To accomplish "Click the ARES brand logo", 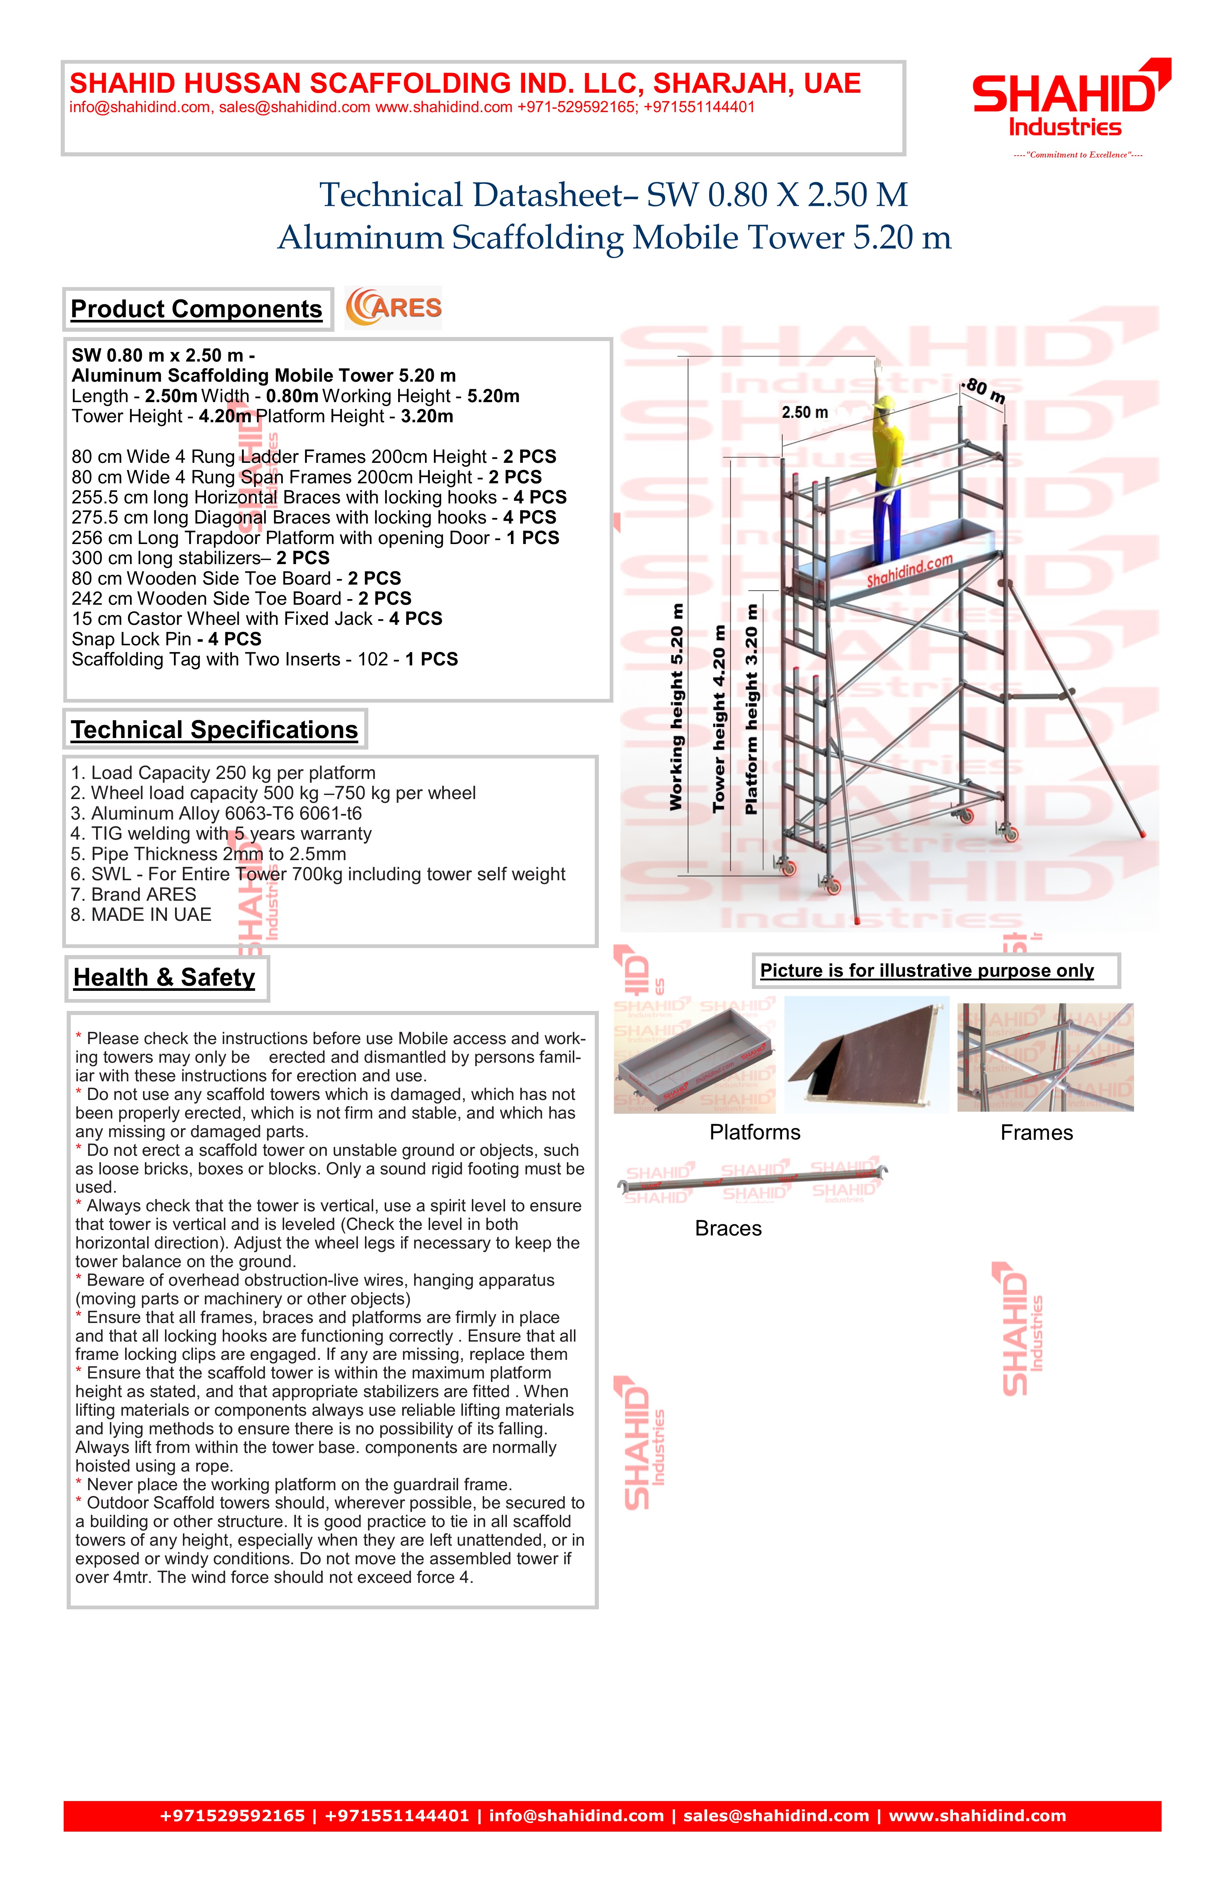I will click(x=393, y=308).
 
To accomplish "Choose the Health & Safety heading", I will click(x=164, y=977).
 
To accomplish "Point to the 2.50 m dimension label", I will click(x=804, y=413).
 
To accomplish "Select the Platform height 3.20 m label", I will click(x=751, y=709).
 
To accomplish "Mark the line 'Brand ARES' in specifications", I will click(x=133, y=894).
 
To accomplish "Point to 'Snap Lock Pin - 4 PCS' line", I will click(x=166, y=639).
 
